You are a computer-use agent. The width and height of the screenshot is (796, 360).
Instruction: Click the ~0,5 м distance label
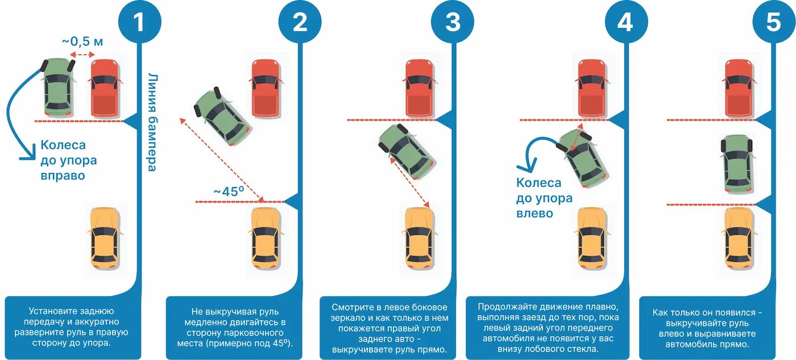tap(83, 42)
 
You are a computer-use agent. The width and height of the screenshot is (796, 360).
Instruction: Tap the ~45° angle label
tap(229, 191)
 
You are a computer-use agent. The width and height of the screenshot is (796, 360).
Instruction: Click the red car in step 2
tap(266, 89)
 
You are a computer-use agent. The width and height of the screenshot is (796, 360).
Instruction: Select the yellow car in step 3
tap(420, 239)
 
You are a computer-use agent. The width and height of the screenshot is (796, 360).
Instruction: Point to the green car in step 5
tap(737, 164)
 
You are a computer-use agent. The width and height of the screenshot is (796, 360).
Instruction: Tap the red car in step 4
tap(593, 89)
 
